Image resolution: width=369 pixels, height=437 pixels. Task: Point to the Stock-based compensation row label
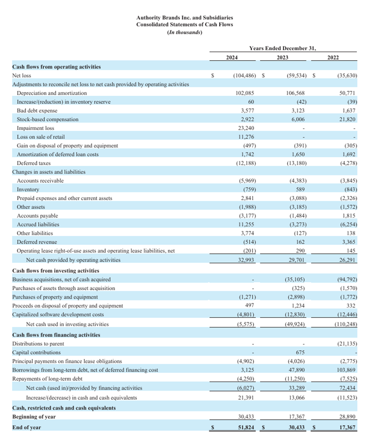click(x=48, y=120)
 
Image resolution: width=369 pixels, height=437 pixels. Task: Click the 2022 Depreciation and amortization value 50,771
click(x=347, y=93)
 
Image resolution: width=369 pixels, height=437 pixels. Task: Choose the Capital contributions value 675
click(x=300, y=352)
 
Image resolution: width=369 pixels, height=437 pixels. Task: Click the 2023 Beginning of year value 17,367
click(x=297, y=417)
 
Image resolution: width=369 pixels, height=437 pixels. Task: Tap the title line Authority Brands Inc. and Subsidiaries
click(x=184, y=18)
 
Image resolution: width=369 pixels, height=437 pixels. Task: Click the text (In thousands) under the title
click(x=184, y=32)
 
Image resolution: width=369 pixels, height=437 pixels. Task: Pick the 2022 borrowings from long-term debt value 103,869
click(x=345, y=370)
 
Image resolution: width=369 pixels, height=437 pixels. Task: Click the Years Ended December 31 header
click(x=286, y=49)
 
